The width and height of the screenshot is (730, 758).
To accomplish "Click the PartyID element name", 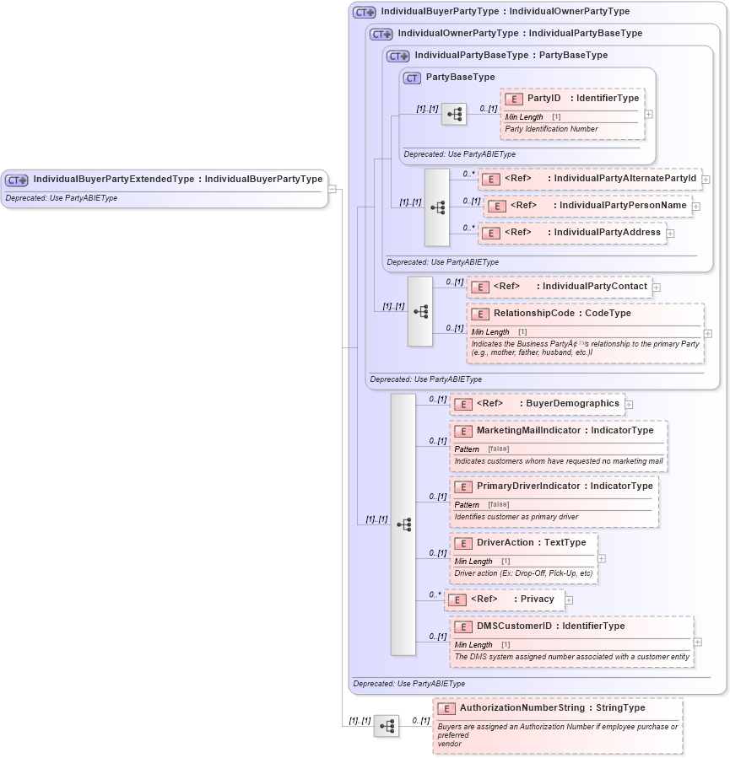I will [543, 99].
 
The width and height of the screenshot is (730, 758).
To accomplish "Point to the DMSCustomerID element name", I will [514, 626].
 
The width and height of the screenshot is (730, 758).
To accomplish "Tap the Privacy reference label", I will [538, 599].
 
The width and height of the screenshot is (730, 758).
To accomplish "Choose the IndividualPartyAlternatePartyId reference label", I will [625, 179].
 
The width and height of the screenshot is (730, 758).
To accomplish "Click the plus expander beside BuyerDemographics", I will [629, 405].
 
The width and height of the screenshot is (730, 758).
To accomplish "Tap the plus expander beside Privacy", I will [569, 600].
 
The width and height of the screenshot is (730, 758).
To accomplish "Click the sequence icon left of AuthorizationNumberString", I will [387, 726].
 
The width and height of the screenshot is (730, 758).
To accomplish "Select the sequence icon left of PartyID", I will [454, 114].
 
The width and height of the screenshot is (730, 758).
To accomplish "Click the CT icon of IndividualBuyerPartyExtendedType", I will [17, 180].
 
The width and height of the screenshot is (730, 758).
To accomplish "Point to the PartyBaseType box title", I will [460, 78].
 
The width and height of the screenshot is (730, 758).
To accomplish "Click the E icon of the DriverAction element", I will [463, 543].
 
